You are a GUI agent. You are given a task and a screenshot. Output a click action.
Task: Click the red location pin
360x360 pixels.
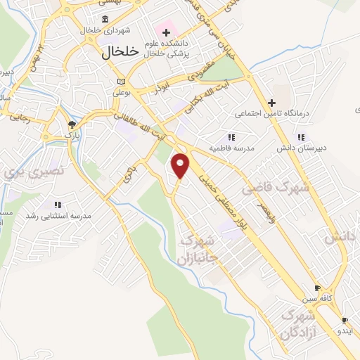click(181, 165)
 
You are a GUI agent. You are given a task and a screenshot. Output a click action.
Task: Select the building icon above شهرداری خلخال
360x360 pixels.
click(105, 19)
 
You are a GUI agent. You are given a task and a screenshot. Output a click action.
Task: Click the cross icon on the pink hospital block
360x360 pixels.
click(167, 32)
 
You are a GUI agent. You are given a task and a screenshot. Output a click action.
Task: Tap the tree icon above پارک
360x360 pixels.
click(70, 122)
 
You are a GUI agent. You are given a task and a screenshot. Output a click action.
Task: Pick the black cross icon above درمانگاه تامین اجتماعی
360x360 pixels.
click(271, 102)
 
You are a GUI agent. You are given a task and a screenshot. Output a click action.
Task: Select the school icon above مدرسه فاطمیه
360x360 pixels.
click(231, 137)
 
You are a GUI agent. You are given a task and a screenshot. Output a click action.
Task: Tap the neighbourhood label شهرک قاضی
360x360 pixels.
click(266, 188)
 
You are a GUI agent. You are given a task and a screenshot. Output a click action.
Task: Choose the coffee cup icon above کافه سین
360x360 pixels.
click(317, 288)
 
